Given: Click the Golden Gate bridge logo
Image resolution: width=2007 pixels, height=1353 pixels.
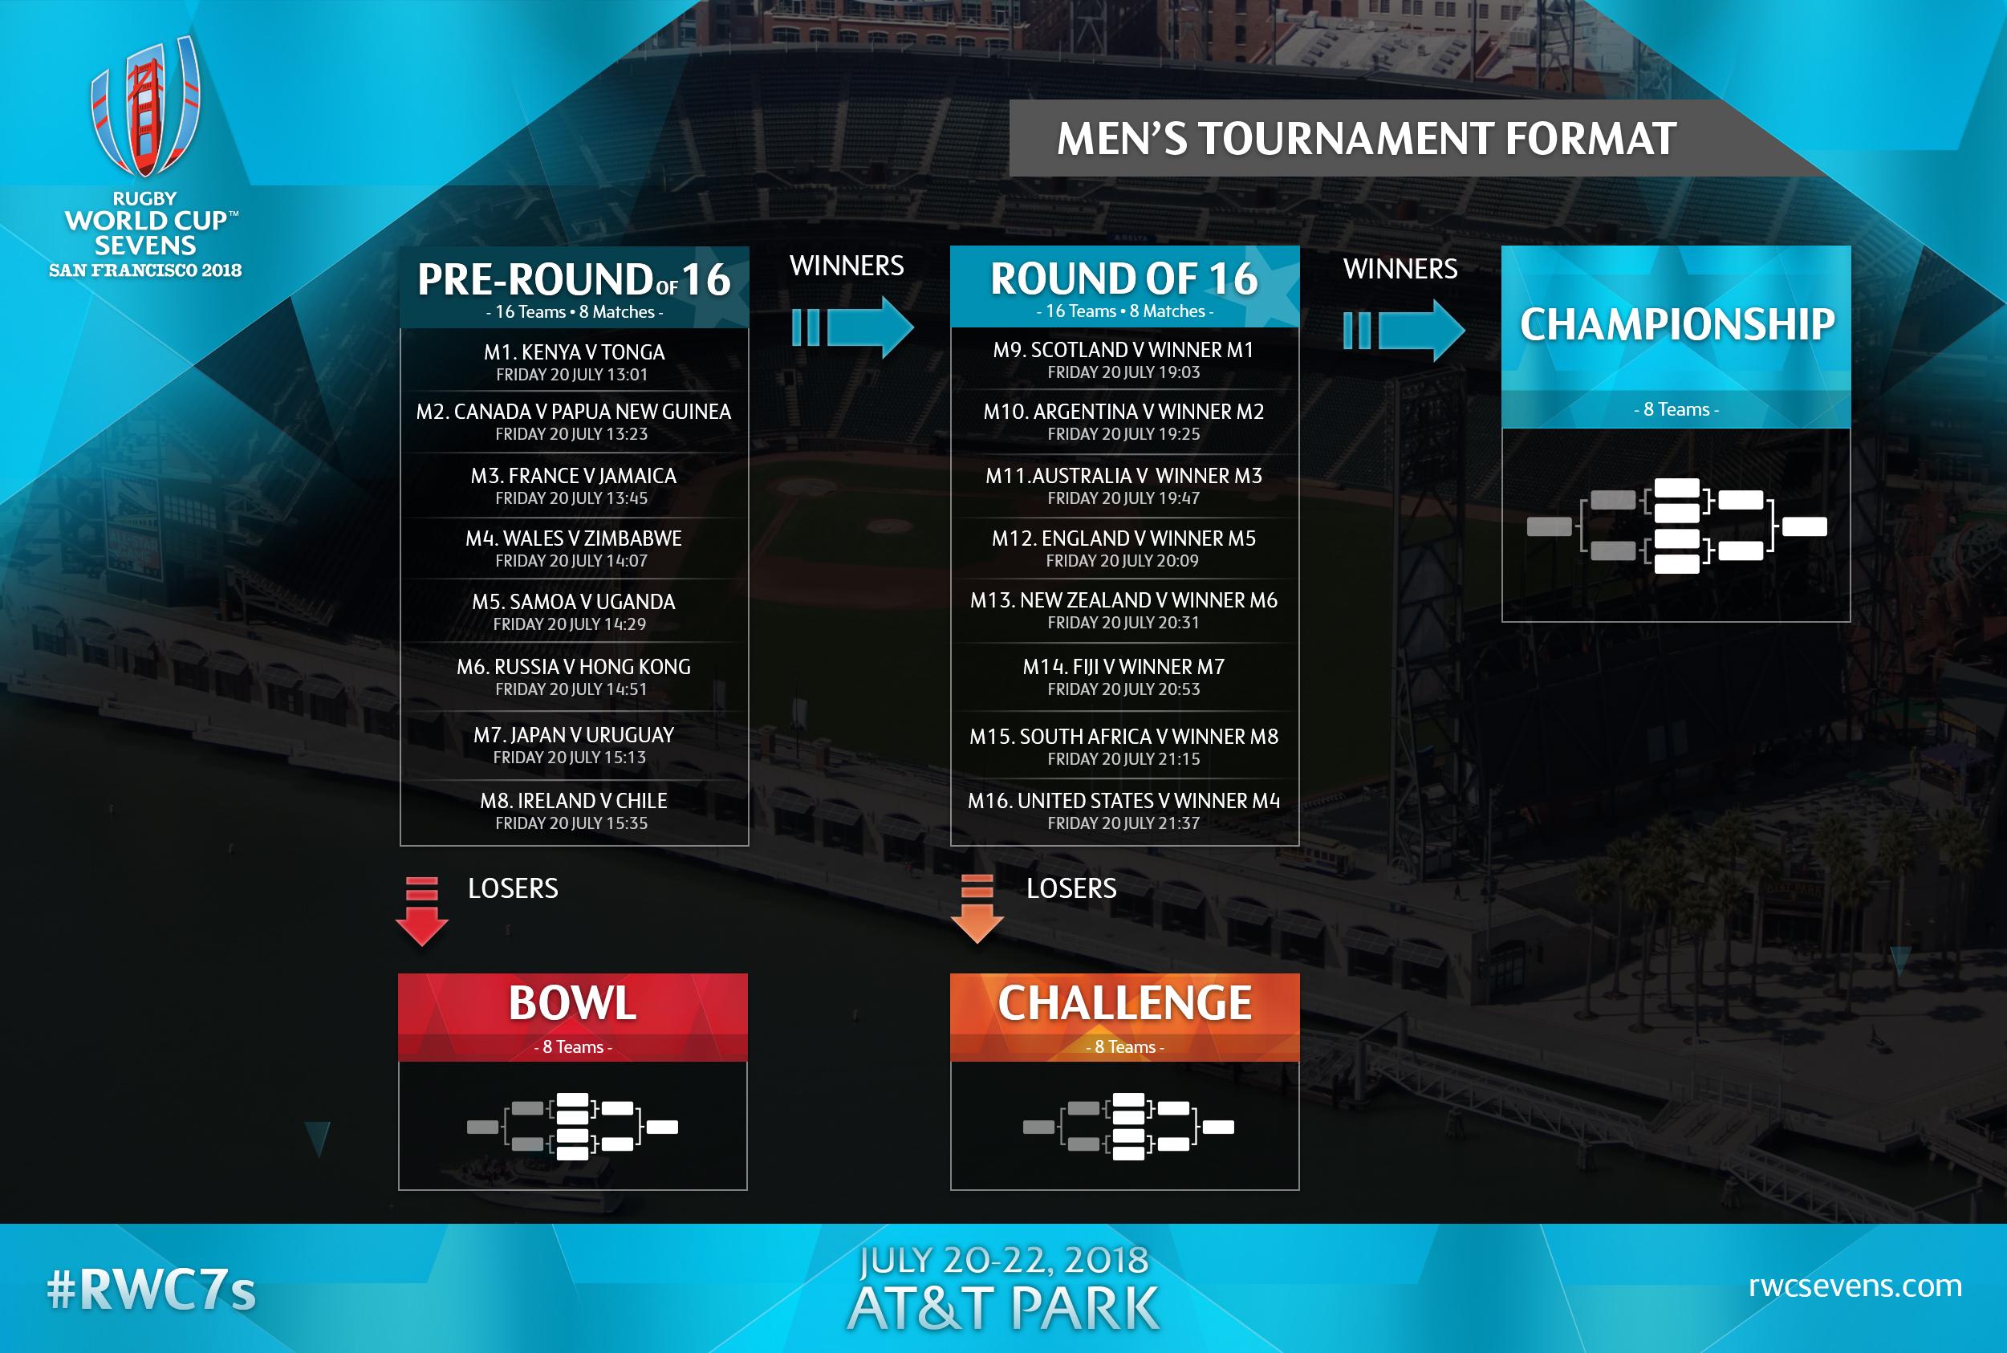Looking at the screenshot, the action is (x=146, y=108).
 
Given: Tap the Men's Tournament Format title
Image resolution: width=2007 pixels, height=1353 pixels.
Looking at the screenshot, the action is (x=1367, y=139).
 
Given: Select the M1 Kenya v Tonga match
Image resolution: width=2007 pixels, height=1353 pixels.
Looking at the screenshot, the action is (x=574, y=352).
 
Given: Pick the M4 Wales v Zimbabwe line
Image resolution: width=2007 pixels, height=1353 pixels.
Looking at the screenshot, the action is (x=573, y=538).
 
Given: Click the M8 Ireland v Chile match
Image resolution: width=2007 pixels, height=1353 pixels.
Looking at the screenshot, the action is (x=573, y=801).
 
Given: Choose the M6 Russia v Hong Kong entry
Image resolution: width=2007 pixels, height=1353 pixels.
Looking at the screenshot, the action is (x=573, y=666).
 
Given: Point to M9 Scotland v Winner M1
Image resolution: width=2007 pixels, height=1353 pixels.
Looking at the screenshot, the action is (x=1123, y=349).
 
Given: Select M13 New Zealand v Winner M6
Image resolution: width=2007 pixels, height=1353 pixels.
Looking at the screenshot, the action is (x=1123, y=599).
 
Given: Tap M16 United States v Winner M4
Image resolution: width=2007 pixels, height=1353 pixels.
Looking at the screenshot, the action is (x=1123, y=801).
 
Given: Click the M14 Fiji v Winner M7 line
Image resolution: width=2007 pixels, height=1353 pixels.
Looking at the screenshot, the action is (x=1123, y=666).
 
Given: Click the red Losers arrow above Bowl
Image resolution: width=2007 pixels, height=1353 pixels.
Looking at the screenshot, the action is (x=422, y=911).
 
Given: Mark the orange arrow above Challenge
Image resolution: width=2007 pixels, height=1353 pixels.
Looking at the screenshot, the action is (x=977, y=909).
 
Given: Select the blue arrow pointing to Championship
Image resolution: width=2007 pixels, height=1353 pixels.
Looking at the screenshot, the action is (x=1404, y=329).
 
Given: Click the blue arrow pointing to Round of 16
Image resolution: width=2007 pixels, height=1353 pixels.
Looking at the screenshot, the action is (x=852, y=327).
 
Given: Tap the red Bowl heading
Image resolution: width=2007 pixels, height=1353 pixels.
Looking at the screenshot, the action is (x=572, y=1002).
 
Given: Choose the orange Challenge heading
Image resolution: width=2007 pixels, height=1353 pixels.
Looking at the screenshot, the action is (x=1124, y=1002).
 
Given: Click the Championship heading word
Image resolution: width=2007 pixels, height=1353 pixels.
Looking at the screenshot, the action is (x=1676, y=324).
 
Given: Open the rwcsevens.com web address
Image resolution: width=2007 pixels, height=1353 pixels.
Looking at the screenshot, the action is (x=1855, y=1286).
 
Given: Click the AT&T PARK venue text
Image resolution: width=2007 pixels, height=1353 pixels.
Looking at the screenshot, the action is (x=1003, y=1308).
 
